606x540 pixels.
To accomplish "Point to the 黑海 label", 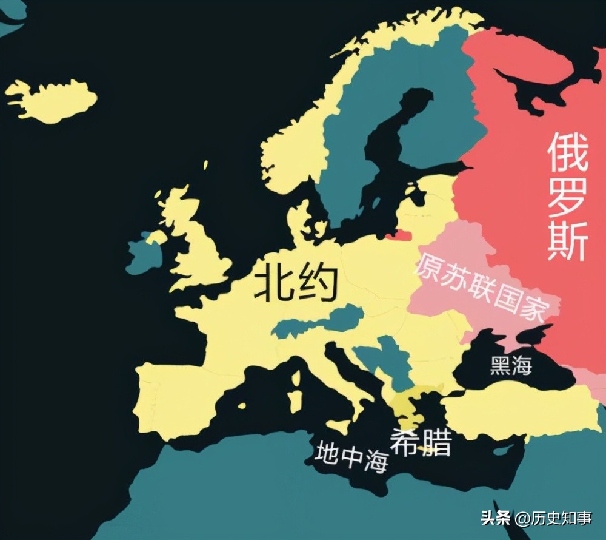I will [511, 366].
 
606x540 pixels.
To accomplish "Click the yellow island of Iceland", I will [52, 100].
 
